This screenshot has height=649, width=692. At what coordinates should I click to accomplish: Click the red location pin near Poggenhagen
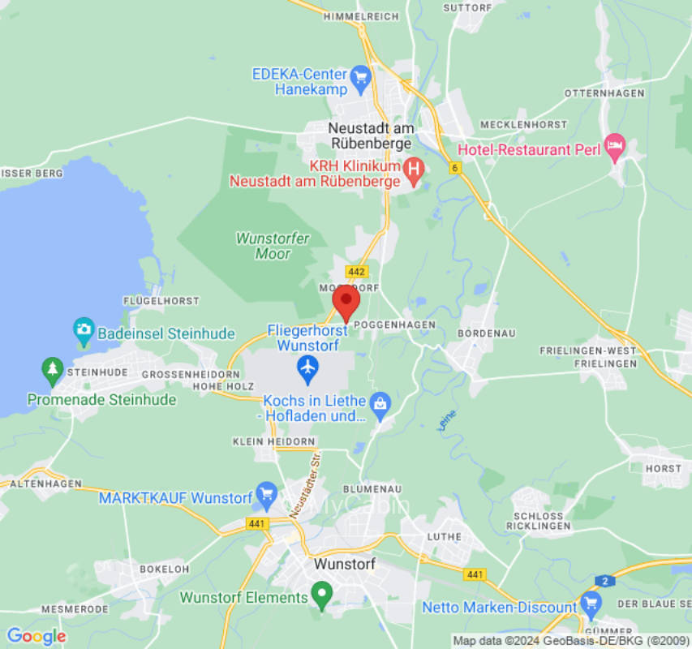click(x=346, y=302)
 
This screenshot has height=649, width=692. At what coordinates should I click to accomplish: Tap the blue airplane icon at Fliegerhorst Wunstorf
click(x=307, y=369)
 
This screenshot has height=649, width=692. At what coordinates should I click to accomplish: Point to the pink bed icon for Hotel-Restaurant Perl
click(x=615, y=147)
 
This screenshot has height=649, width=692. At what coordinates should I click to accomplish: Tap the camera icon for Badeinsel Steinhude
click(x=84, y=330)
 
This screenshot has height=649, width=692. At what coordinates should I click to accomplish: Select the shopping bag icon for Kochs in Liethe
click(x=379, y=402)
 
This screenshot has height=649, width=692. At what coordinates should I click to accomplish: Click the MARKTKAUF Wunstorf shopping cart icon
click(x=266, y=493)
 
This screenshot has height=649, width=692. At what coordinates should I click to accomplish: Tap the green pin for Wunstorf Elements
click(x=322, y=595)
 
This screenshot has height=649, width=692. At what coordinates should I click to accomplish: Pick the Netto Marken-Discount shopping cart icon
click(x=591, y=604)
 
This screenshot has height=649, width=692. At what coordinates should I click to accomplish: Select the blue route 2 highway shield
click(x=604, y=580)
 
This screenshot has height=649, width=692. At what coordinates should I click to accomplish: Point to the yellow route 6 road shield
click(x=455, y=168)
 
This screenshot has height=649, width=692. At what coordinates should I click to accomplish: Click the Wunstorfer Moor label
click(x=262, y=246)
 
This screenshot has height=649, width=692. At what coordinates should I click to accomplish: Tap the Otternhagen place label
click(x=608, y=93)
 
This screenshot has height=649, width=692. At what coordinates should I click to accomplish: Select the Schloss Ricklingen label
click(x=539, y=521)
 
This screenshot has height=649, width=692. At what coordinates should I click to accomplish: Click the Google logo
click(x=36, y=636)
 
